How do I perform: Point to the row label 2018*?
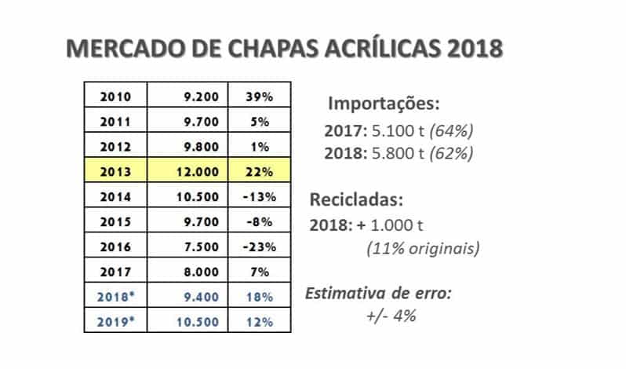pos(116,297)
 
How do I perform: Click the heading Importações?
pos(384,104)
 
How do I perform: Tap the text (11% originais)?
pos(423,248)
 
